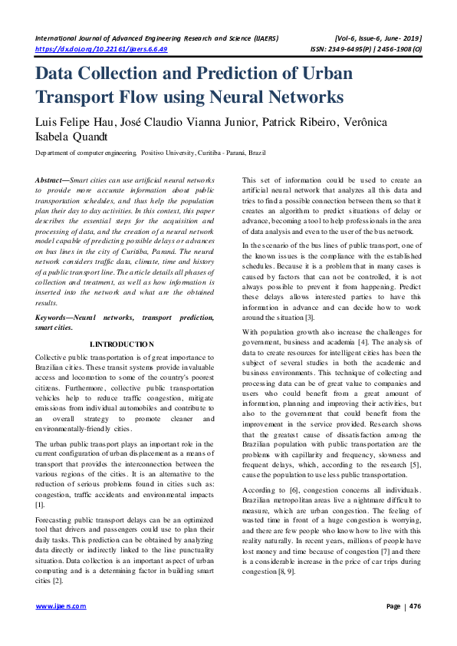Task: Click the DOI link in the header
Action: pyautogui.click(x=101, y=48)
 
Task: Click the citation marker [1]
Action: pyautogui.click(x=41, y=506)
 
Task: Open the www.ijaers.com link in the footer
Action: pyautogui.click(x=61, y=628)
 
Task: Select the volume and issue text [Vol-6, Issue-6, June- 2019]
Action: pyautogui.click(x=378, y=38)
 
